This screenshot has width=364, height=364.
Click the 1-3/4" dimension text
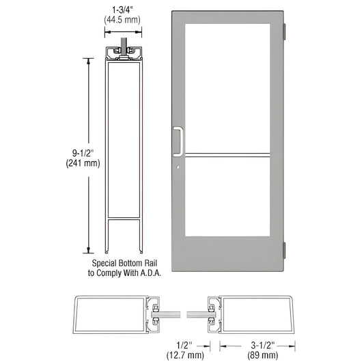(x=123, y=10)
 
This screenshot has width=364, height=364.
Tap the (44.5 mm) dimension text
(x=123, y=20)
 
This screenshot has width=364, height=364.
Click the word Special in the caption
(x=104, y=262)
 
